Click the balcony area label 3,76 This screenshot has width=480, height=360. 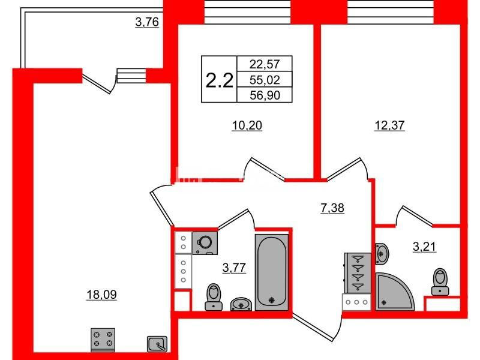coord(146,23)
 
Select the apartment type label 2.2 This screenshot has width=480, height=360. coord(219,80)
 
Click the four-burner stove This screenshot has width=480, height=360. coord(103,340)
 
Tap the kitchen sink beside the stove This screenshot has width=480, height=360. coord(157,343)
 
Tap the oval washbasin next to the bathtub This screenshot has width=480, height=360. coord(242,304)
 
